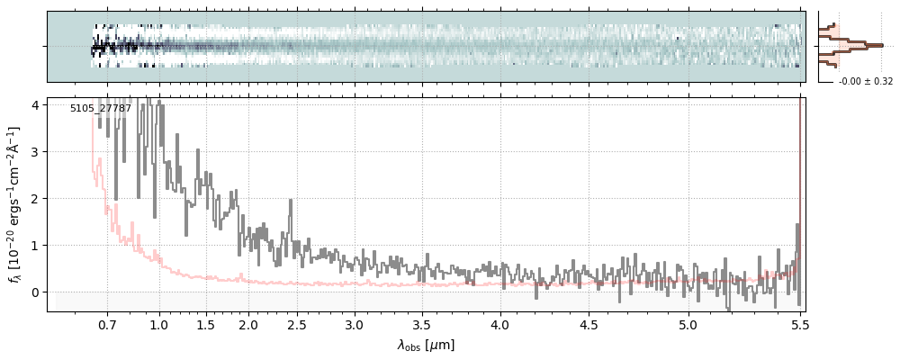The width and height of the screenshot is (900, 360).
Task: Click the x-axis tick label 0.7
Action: [x=107, y=324]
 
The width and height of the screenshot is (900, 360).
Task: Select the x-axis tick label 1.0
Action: [x=159, y=324]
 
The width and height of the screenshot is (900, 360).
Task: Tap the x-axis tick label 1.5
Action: [x=205, y=324]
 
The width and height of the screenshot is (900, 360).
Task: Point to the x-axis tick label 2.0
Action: [x=248, y=324]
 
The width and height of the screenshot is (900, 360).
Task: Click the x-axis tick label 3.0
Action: [x=355, y=324]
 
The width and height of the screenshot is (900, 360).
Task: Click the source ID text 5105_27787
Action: [x=101, y=109]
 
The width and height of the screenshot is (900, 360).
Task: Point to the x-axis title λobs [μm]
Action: [x=426, y=345]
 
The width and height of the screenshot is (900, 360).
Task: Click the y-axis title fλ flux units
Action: [x=15, y=204]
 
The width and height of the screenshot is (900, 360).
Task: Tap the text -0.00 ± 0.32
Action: [x=865, y=82]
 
